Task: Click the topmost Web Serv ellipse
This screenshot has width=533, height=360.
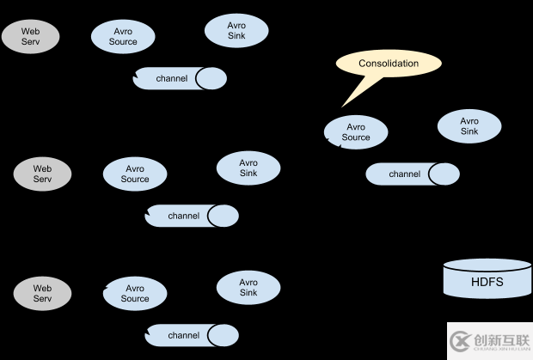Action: (x=30, y=36)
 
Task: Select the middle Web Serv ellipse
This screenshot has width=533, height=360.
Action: (x=42, y=174)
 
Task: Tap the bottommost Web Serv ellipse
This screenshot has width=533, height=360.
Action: (x=42, y=294)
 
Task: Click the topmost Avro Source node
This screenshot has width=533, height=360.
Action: (x=123, y=36)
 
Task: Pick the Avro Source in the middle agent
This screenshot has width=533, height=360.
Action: (x=135, y=174)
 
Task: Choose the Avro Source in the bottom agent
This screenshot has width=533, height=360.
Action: (x=135, y=294)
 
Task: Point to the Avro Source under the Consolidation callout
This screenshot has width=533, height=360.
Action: (x=355, y=132)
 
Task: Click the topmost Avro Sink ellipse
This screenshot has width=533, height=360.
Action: (x=236, y=31)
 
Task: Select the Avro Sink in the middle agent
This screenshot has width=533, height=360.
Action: (x=248, y=168)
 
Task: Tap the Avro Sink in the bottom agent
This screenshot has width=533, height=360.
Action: (x=248, y=287)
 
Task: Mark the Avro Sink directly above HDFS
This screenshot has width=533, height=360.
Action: (x=469, y=126)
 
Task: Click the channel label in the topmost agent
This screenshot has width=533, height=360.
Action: (x=171, y=79)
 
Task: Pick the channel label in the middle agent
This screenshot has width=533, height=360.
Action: (x=183, y=216)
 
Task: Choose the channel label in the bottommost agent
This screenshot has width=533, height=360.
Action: (x=183, y=335)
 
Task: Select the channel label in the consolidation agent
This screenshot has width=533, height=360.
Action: (x=404, y=174)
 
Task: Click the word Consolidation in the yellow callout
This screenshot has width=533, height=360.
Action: (x=389, y=63)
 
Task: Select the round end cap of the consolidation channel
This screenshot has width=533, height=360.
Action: (x=444, y=174)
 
